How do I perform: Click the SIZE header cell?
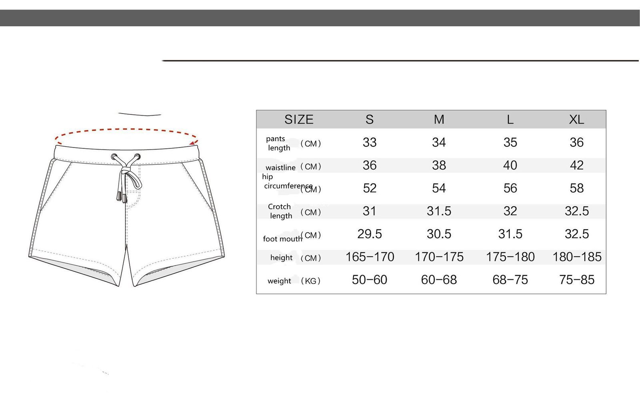[x=299, y=120]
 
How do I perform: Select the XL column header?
[x=576, y=120]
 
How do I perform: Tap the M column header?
[x=439, y=120]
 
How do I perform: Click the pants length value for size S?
[x=370, y=142]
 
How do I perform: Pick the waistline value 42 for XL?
[x=576, y=165]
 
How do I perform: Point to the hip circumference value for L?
[x=510, y=188]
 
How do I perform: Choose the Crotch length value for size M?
[x=439, y=211]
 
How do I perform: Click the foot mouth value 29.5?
[x=370, y=234]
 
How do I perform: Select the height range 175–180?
[x=510, y=257]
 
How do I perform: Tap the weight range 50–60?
[x=370, y=279]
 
